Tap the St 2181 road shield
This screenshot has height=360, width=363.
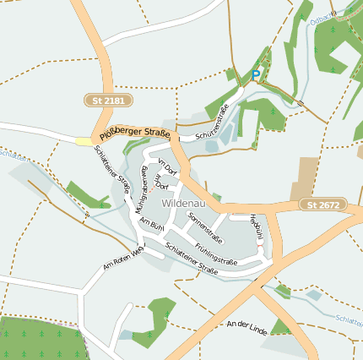click(x=109, y=101)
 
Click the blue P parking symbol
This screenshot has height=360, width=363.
click(x=256, y=75)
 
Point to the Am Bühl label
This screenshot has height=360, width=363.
click(x=151, y=224)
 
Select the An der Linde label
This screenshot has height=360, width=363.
click(x=247, y=328)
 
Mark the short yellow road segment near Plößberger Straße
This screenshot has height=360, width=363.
click(x=84, y=141)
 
